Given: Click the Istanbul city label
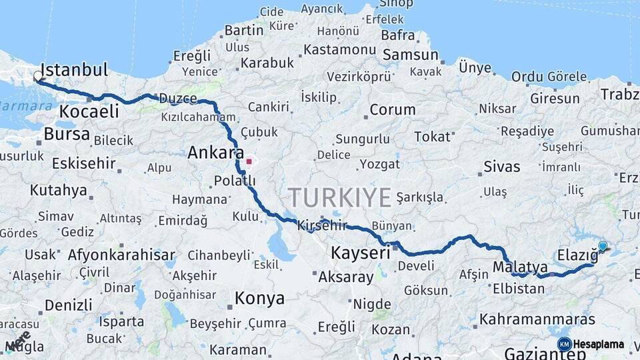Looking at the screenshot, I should coord(73,69).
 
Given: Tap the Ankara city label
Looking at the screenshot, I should coord(215,153).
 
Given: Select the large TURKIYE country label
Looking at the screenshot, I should coord(339,197).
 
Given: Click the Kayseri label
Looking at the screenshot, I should coord(360,253).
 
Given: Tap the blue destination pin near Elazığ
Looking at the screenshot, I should coord(603,246).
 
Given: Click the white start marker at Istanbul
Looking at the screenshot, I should coord(38,77).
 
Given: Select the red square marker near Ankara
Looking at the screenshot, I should coord(249,161).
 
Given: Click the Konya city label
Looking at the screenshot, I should coord(259,299).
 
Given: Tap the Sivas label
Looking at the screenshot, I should coord(501,167).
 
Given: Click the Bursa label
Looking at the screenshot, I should coord(66,134).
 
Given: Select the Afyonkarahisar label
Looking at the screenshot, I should coord(121,255).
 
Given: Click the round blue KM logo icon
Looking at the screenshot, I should coord(564,344).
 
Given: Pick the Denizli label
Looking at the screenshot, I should coord(68,305).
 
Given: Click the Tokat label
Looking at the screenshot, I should coord(432,137).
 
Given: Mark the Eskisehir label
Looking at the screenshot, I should coord(83,163).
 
